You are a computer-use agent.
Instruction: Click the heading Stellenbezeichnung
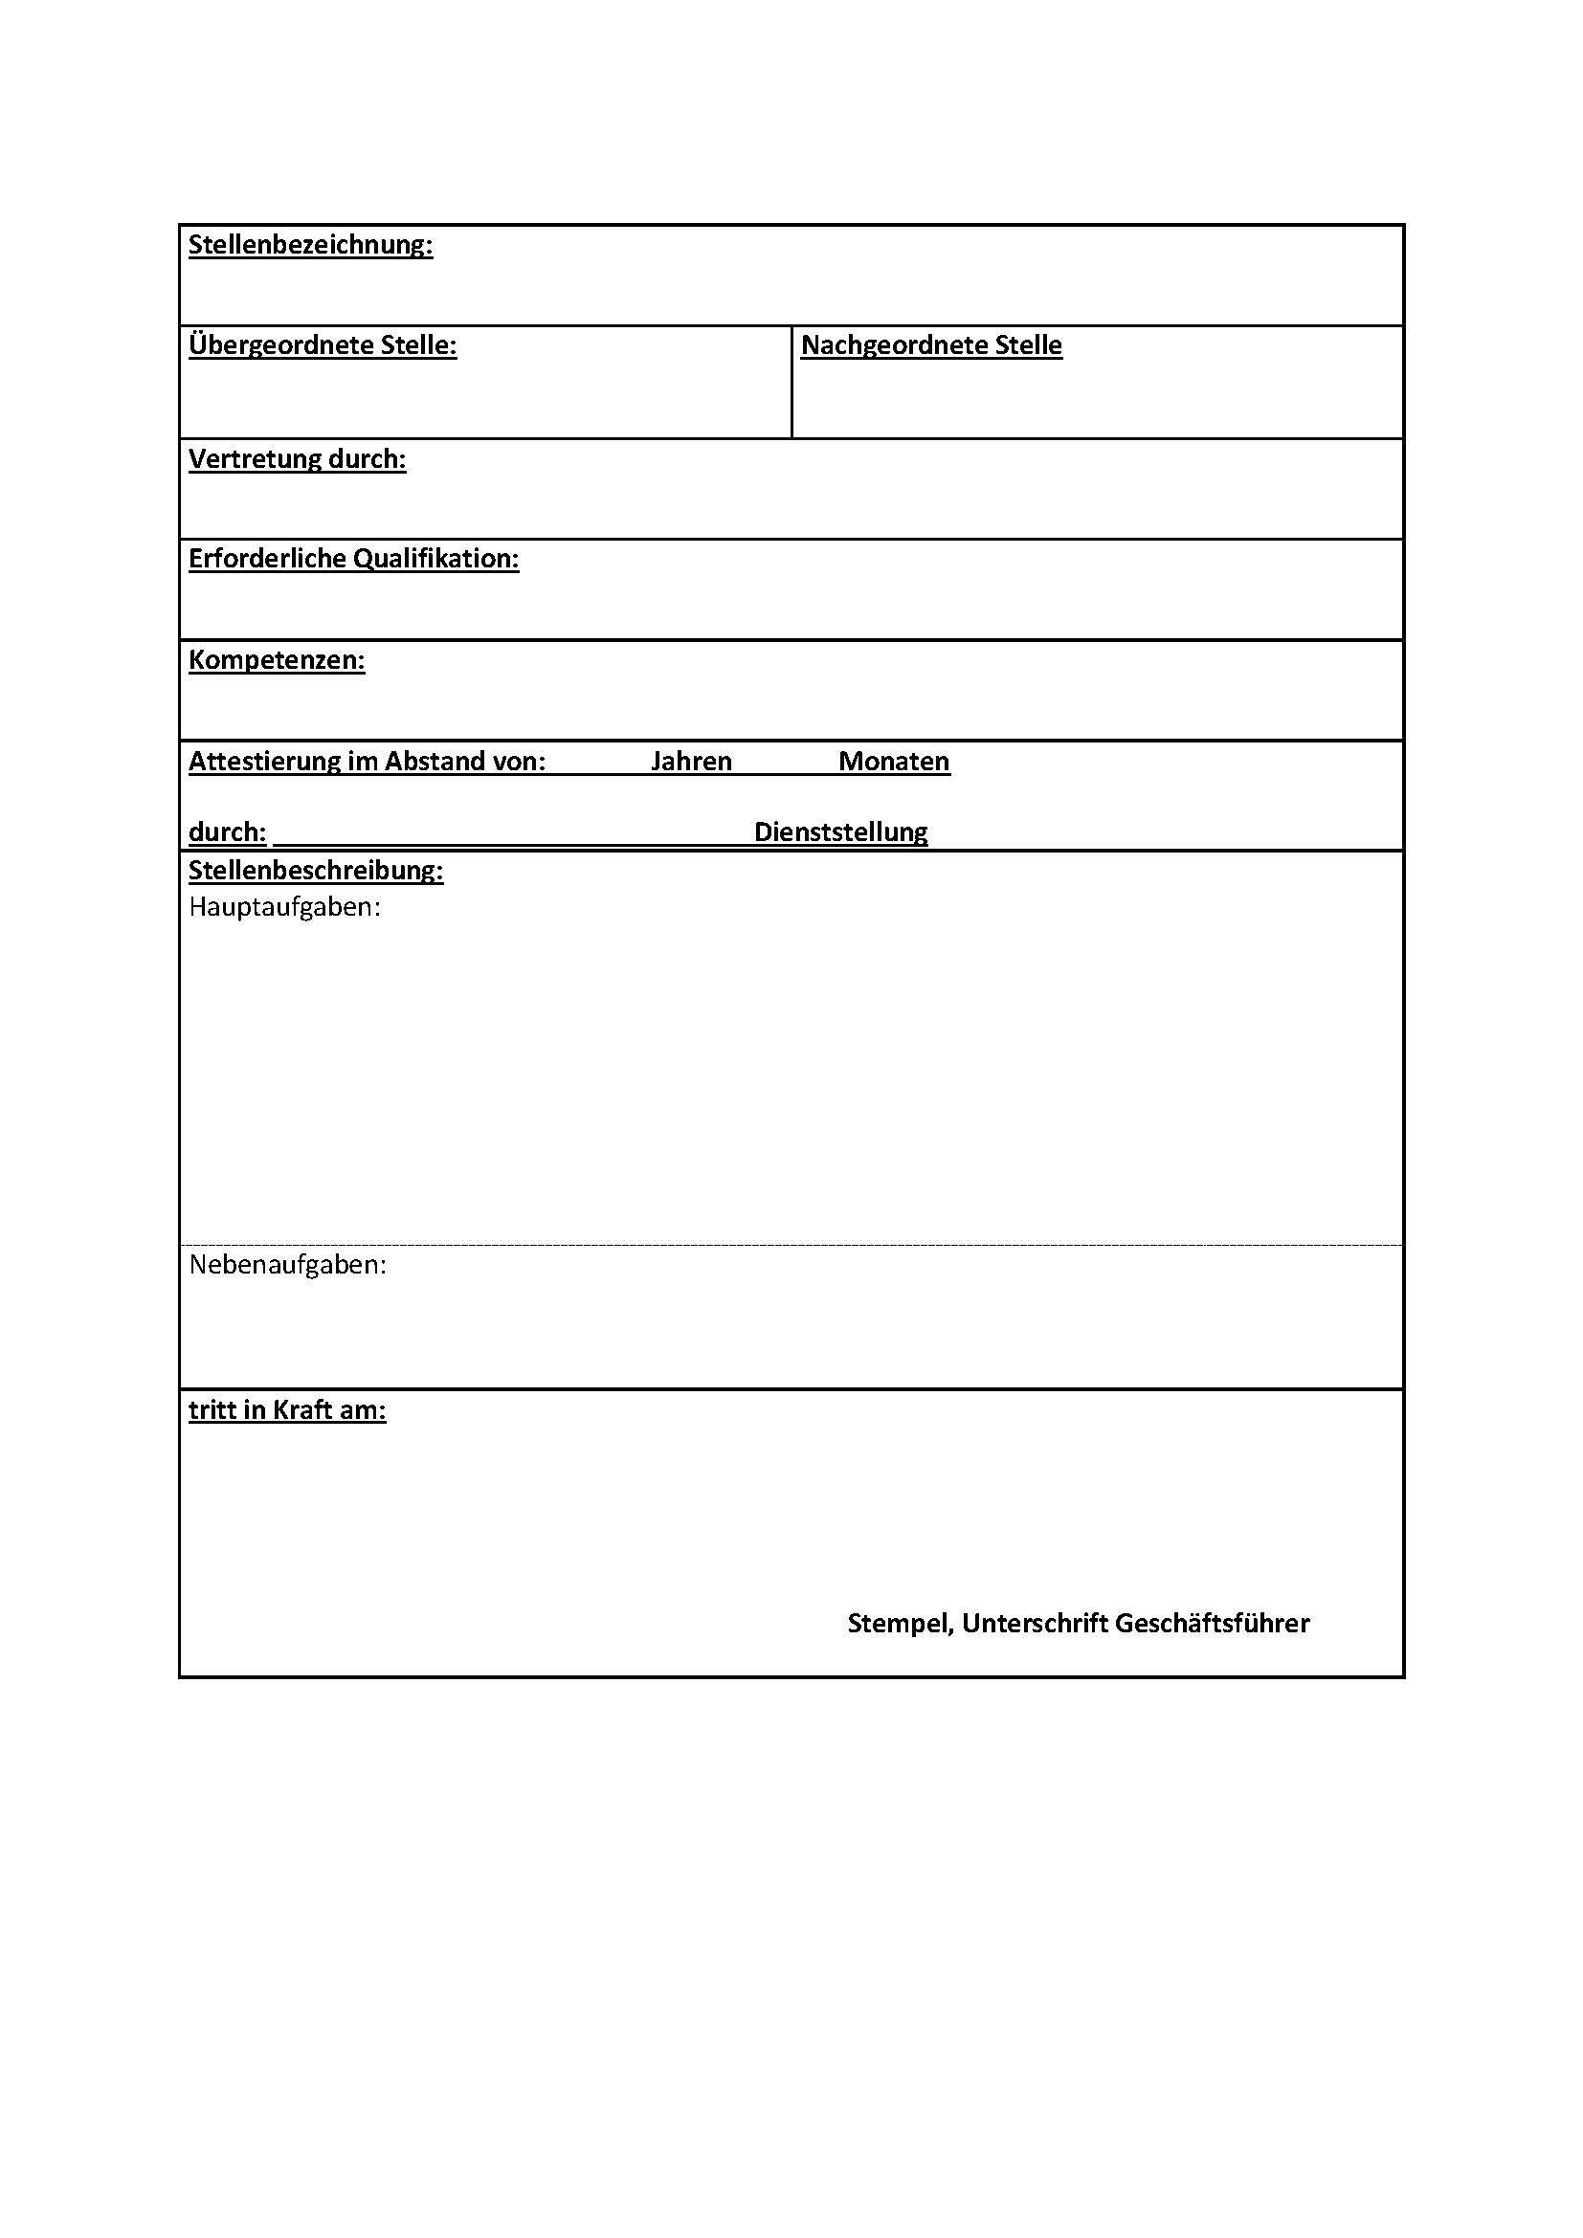pos(310,245)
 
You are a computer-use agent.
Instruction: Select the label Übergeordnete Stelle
pos(322,345)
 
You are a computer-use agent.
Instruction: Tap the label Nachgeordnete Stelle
pos(931,345)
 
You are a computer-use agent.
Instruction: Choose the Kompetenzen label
pos(276,660)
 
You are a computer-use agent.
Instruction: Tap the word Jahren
pos(691,762)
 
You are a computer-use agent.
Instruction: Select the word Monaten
pos(894,762)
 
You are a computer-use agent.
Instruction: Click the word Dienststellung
pos(840,832)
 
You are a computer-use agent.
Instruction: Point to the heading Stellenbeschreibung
pos(316,871)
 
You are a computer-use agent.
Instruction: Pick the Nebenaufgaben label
pos(287,1265)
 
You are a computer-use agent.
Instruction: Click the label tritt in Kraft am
pos(286,1410)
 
